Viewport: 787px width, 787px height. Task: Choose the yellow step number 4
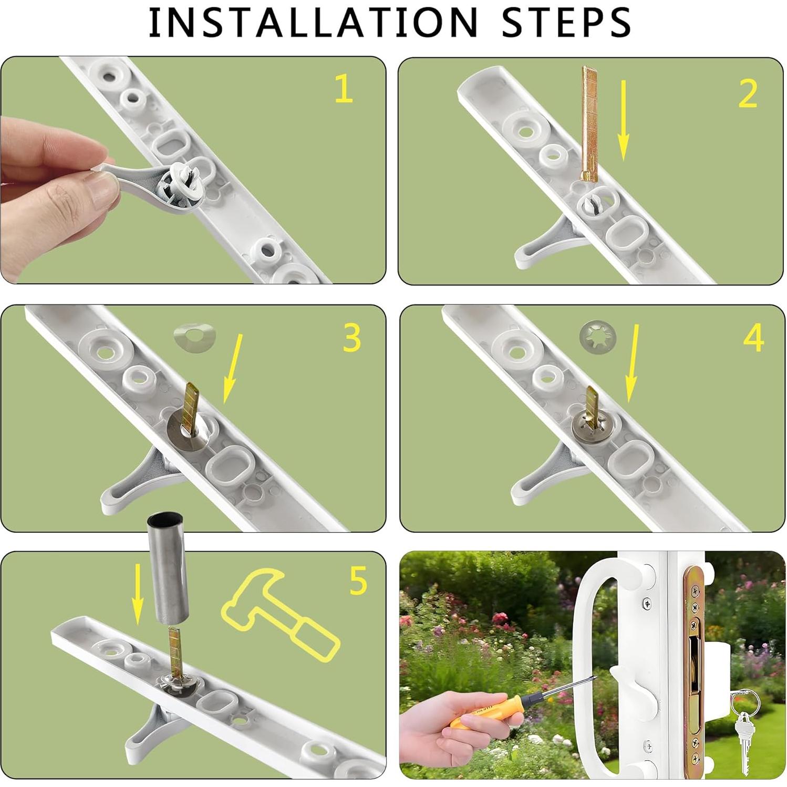point(753,338)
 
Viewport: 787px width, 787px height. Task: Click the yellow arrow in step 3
point(233,369)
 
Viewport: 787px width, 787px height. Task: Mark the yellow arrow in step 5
point(137,595)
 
